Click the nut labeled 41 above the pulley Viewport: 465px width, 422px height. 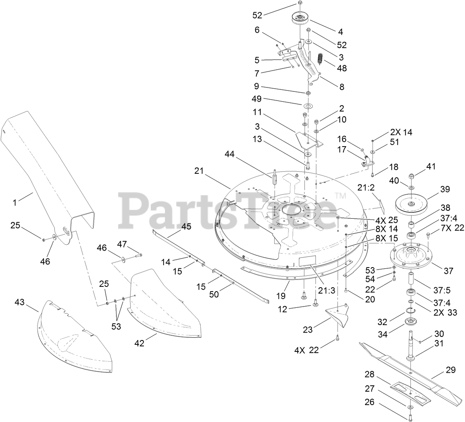click(x=411, y=175)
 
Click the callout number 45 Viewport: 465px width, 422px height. click(x=186, y=226)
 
